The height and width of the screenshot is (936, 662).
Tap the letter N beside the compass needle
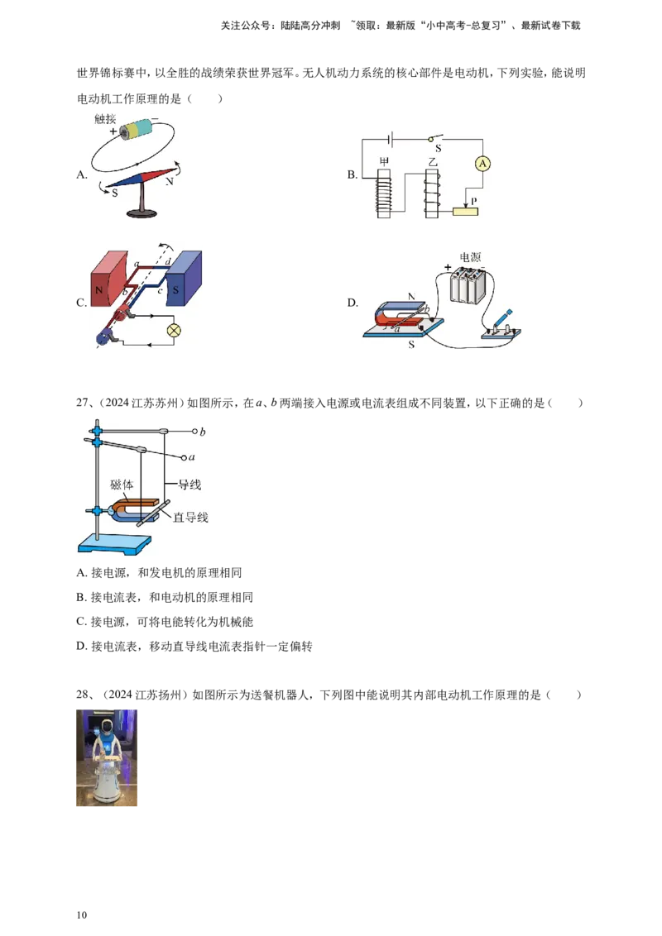[170, 180]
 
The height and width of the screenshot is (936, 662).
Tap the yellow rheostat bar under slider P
[465, 211]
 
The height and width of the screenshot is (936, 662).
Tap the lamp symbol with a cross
[174, 329]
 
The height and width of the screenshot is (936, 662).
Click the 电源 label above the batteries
[470, 257]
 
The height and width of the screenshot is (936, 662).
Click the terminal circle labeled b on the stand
[194, 432]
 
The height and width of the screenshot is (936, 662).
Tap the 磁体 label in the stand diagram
[122, 485]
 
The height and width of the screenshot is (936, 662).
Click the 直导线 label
[190, 518]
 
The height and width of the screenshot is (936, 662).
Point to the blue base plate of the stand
[115, 544]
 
